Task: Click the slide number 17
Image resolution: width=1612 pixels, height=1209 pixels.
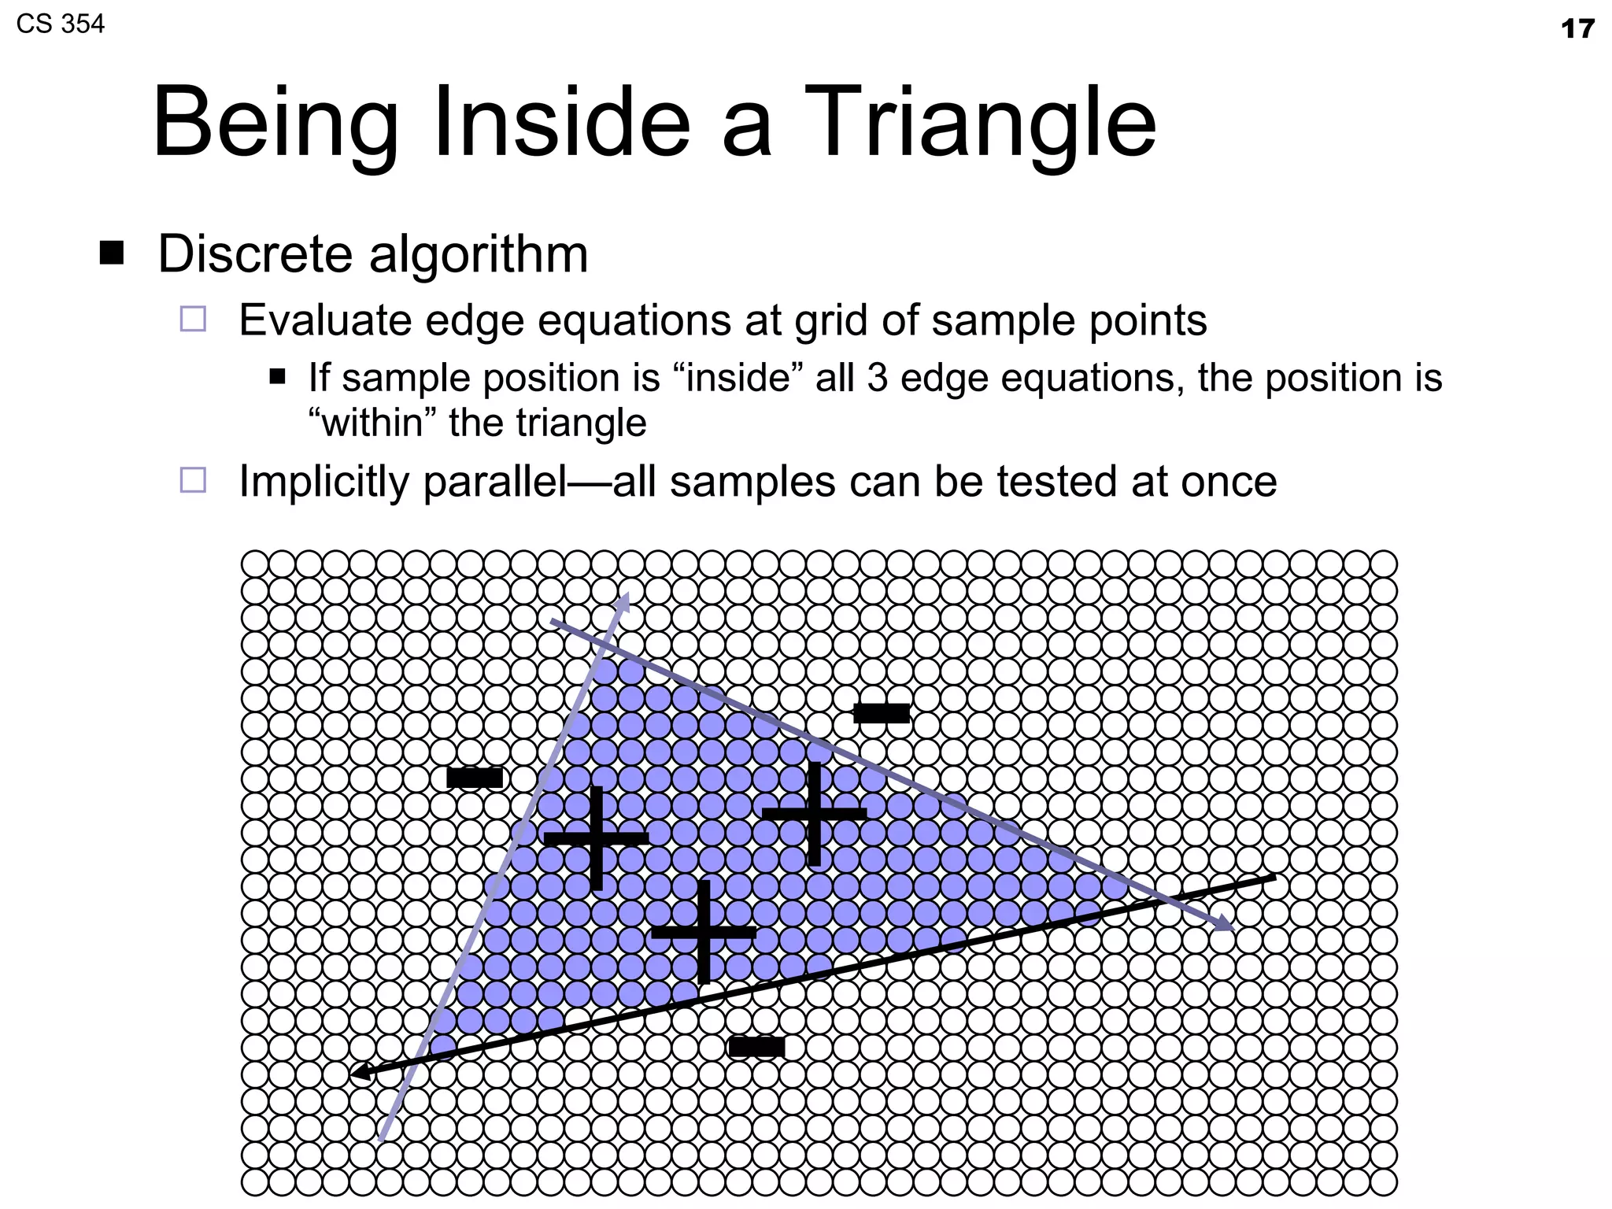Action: click(x=1577, y=29)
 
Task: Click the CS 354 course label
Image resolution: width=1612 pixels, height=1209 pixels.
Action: click(x=60, y=24)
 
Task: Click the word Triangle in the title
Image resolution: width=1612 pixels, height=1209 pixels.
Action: click(x=979, y=124)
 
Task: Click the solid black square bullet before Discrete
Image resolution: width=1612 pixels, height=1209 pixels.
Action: click(x=112, y=253)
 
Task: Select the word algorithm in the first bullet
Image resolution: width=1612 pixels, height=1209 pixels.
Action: click(x=478, y=255)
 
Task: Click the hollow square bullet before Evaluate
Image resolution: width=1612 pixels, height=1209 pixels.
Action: click(x=193, y=319)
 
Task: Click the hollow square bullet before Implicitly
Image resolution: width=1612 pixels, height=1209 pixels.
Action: click(x=193, y=480)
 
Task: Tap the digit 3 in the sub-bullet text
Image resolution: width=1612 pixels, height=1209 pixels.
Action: click(x=877, y=378)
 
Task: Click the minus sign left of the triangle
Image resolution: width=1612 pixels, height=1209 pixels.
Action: click(x=475, y=778)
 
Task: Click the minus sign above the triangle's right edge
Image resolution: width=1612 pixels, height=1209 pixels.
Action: click(x=882, y=713)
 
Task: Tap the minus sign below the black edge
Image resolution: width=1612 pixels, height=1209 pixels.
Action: click(x=756, y=1047)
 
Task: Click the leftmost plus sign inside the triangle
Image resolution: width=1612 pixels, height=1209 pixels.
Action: click(x=597, y=838)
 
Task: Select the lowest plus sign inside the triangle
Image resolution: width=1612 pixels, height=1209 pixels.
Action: click(x=704, y=932)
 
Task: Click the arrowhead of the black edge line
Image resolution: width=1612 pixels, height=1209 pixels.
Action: click(x=360, y=1072)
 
